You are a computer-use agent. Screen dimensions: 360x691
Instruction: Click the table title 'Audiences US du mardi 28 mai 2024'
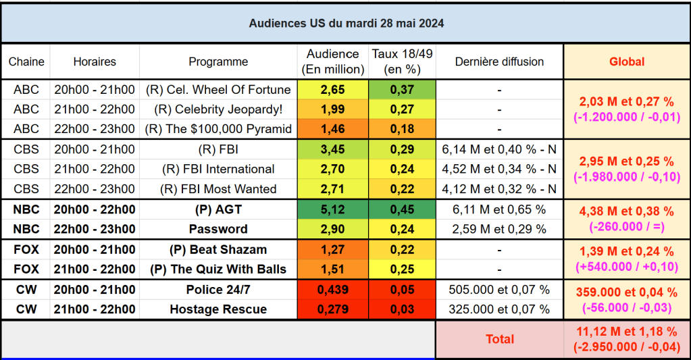point(346,23)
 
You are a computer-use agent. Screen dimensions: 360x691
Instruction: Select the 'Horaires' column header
point(95,61)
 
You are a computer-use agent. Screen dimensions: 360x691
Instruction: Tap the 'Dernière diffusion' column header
point(499,61)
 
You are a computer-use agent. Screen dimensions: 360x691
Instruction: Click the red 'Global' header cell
point(627,61)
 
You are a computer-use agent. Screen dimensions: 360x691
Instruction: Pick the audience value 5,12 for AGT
point(332,209)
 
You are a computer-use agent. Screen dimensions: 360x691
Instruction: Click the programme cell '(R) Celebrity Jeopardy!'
point(218,109)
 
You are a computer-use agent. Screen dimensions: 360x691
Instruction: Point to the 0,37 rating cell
point(402,90)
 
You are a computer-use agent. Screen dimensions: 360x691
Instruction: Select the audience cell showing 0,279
point(332,309)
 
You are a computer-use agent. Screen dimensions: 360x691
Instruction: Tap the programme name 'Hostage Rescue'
point(218,309)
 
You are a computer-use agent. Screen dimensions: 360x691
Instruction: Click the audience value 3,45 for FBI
point(332,149)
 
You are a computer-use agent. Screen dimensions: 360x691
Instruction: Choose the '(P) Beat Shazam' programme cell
point(218,250)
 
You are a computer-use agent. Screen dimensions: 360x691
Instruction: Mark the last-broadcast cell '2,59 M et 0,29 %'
point(499,229)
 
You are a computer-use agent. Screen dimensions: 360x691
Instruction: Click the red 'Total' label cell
point(499,339)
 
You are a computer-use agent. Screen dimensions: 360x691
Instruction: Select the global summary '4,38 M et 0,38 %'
point(627,211)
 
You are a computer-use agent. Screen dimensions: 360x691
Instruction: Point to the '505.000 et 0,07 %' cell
point(499,290)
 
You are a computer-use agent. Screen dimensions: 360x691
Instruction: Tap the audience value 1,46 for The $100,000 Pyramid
point(332,129)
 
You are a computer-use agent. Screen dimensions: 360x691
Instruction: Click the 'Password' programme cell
point(218,229)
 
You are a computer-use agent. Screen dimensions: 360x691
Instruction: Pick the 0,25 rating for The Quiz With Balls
point(402,269)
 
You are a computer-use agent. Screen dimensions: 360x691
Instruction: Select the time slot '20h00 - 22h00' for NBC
point(95,209)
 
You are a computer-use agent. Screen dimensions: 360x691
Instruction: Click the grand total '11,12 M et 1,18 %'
point(627,332)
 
